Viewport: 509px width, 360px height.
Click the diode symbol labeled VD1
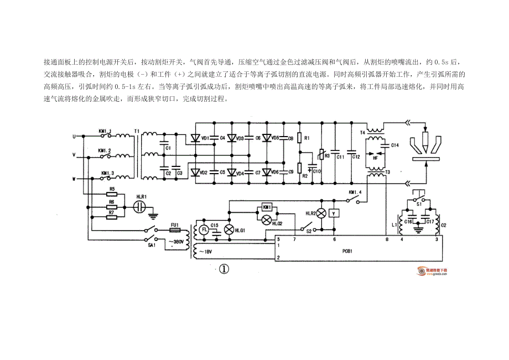(x=195, y=138)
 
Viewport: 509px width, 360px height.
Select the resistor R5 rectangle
(x=112, y=195)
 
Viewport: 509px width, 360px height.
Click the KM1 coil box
(x=266, y=207)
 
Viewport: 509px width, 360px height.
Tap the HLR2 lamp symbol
(x=320, y=213)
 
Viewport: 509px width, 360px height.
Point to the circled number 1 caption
(x=224, y=269)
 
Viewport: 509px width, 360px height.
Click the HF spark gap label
(x=377, y=157)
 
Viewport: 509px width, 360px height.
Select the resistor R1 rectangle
(x=300, y=137)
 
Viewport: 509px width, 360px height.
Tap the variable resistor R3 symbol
(x=321, y=155)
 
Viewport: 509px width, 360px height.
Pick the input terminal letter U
(x=74, y=135)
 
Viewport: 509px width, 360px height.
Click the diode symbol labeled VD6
(x=267, y=172)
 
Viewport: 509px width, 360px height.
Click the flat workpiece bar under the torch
(x=427, y=160)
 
